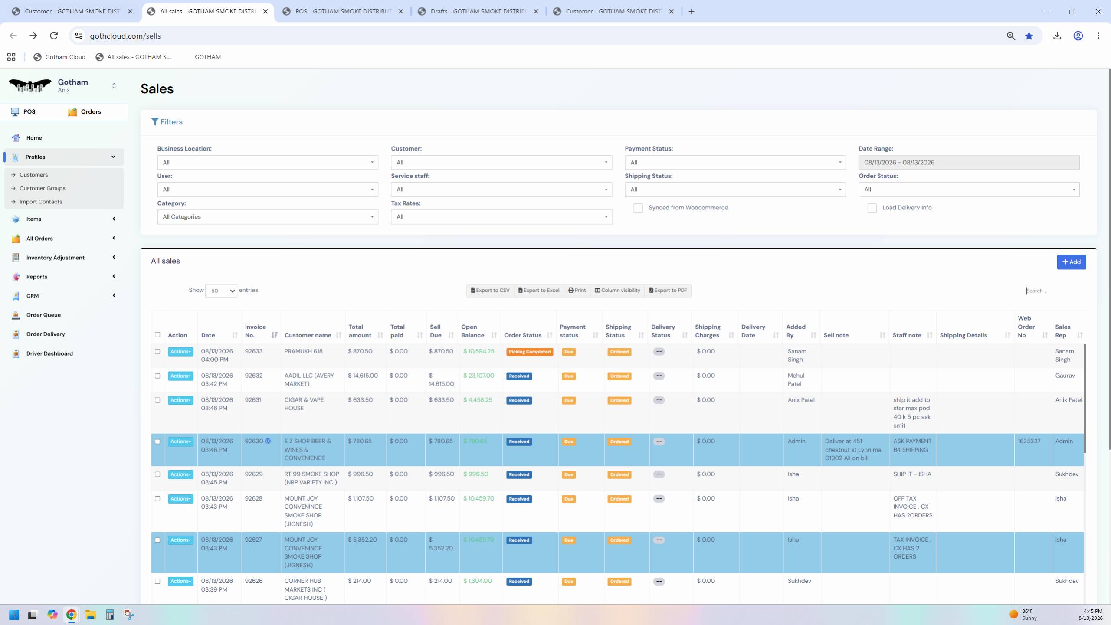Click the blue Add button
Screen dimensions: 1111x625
[x=1071, y=262]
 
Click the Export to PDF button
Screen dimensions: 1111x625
[x=668, y=291]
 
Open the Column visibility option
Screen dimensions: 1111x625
[x=617, y=291]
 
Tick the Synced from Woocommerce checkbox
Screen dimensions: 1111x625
[x=638, y=208]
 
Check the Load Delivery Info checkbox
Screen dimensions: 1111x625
[x=872, y=208]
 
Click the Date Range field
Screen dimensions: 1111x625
[x=969, y=163]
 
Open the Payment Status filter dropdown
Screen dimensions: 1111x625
[x=735, y=163]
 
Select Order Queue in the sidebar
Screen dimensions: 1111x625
[x=43, y=315]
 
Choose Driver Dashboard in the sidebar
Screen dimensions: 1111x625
[x=49, y=353]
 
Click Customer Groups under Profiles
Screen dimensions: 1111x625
[x=43, y=188]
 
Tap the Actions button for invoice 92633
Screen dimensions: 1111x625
[x=180, y=352]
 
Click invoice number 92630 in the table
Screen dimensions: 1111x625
[x=254, y=441]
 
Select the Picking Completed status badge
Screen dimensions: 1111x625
[x=529, y=352]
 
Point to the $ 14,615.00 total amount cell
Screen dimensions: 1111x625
[x=363, y=376]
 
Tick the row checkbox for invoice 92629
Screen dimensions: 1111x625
[x=157, y=474]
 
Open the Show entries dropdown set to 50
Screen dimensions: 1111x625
[x=221, y=291]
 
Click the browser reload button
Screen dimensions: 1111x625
[x=54, y=36]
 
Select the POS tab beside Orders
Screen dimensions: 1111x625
[x=23, y=112]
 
